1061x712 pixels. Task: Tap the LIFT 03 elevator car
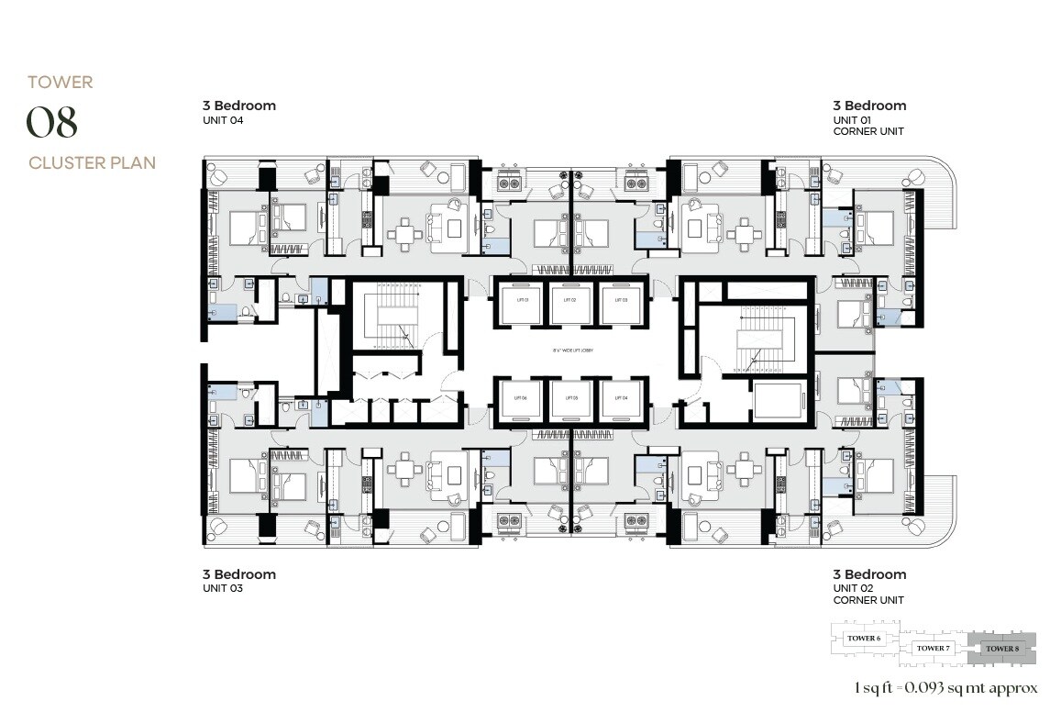[x=621, y=300]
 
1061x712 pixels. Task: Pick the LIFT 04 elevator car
[x=621, y=398]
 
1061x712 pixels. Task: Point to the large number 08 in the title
[x=51, y=123]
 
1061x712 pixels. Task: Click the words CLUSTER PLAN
[x=92, y=163]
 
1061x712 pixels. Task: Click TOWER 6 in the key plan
[x=864, y=639]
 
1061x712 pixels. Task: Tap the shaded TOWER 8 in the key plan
[x=1003, y=648]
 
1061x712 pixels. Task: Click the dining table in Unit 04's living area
[x=404, y=234]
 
